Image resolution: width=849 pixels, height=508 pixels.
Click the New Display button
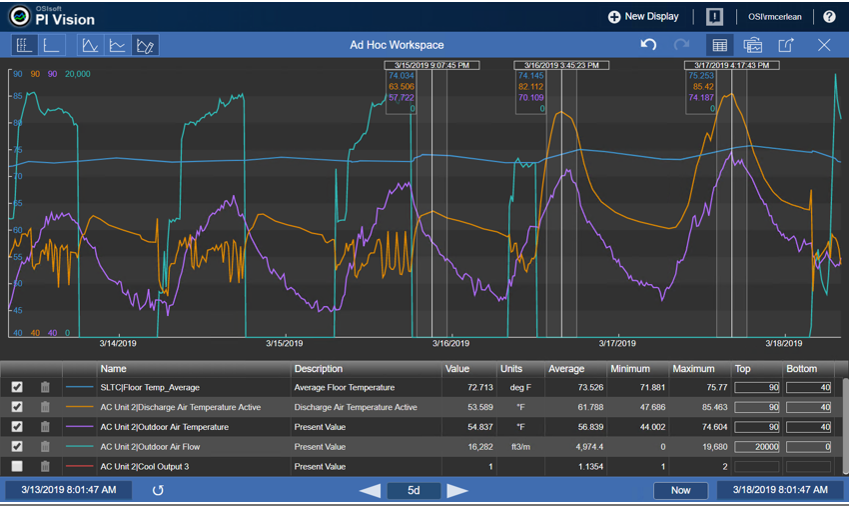point(643,17)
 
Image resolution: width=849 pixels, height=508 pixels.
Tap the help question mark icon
point(829,17)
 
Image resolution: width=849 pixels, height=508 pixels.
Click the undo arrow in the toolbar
point(648,45)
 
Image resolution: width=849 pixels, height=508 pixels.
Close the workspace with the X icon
point(824,45)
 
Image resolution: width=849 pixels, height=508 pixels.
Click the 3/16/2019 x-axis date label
point(450,344)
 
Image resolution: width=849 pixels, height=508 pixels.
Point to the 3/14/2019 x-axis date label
point(119,344)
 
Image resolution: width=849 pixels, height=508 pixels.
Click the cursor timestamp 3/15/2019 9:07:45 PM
point(431,65)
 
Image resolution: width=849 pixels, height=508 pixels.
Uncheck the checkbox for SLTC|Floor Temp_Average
point(17,387)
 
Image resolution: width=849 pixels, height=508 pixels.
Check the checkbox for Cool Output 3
point(17,467)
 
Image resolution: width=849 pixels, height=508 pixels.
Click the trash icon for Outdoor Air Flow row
point(45,447)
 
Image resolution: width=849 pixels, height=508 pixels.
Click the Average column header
point(566,369)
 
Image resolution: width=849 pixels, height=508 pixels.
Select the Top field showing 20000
point(757,447)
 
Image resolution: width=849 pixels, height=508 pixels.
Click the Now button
point(680,491)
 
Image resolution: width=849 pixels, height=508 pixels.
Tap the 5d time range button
point(413,491)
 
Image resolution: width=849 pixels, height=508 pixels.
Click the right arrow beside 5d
point(457,491)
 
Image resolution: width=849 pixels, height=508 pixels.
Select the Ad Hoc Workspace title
point(397,45)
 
